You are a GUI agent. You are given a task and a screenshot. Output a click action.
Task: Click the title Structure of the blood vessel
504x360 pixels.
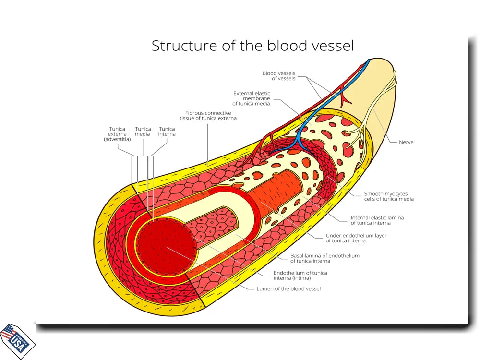tap(252, 46)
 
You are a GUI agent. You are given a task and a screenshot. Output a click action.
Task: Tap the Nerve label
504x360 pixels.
tap(406, 142)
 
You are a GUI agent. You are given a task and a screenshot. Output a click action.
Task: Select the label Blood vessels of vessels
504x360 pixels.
tap(278, 76)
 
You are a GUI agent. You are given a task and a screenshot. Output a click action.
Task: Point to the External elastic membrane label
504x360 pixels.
tap(252, 98)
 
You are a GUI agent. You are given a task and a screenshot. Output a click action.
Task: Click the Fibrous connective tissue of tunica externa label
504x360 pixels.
tap(208, 116)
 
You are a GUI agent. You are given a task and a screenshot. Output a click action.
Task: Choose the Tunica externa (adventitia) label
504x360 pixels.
tap(117, 134)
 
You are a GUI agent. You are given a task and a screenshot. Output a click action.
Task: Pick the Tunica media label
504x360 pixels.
tap(143, 132)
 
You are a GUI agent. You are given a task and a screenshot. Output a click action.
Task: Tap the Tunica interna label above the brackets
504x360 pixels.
tap(167, 132)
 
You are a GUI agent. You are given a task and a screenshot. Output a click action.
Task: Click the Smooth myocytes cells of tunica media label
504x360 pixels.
tap(389, 196)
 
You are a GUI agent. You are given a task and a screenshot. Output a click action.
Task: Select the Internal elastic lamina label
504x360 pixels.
tap(377, 220)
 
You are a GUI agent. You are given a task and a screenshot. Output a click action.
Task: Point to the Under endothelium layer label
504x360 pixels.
tap(356, 238)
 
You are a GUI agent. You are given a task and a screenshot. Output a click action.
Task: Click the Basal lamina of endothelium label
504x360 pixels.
tap(324, 258)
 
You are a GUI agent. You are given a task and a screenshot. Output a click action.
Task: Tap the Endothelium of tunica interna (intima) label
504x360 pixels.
tap(300, 275)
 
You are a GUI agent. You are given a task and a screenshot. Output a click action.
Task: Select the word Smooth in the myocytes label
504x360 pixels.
tap(374, 194)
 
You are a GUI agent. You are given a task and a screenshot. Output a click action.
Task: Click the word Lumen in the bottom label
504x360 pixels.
tap(265, 289)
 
